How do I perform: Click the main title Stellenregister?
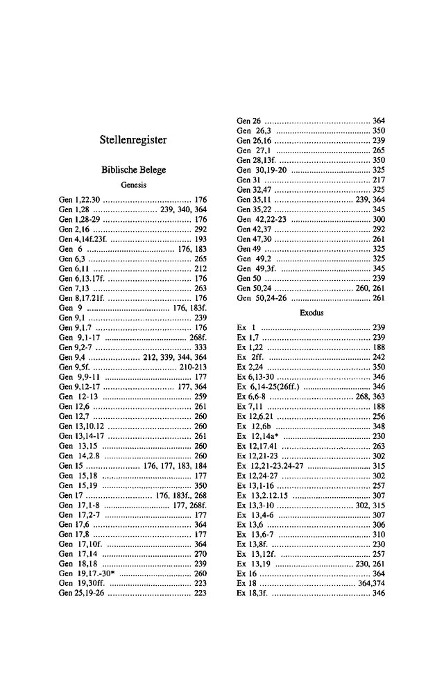pos(133,139)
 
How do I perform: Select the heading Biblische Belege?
pos(133,170)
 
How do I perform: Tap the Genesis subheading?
pos(133,186)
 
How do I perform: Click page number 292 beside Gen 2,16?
pos(201,227)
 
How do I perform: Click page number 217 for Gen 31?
pos(379,180)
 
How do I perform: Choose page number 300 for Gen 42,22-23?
pos(379,219)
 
